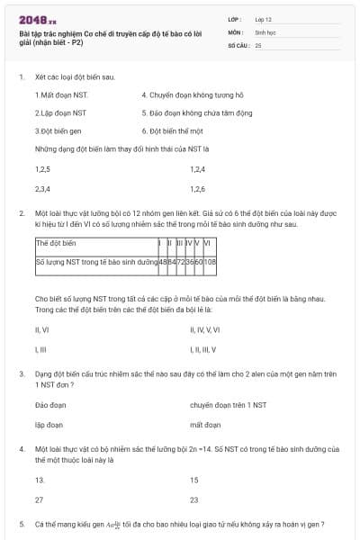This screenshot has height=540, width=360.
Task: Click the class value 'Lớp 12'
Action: [x=264, y=19]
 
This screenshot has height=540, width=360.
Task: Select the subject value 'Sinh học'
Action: [x=265, y=31]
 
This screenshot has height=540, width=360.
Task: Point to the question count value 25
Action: [x=258, y=44]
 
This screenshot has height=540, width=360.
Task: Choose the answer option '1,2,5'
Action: [x=42, y=169]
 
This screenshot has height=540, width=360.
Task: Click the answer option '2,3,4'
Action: [x=42, y=189]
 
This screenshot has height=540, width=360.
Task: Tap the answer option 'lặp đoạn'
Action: [x=49, y=424]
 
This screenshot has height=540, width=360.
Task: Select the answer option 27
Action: [x=39, y=499]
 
